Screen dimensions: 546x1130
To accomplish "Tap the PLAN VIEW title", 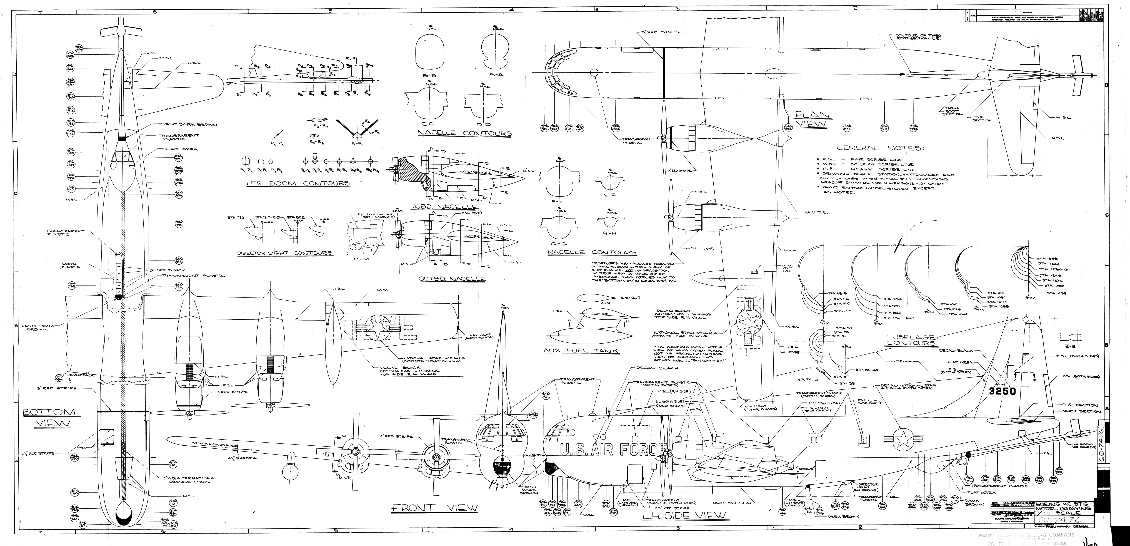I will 812,119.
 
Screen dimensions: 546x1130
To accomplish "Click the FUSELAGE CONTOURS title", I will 910,340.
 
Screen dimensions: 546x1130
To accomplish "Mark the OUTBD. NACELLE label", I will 452,279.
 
